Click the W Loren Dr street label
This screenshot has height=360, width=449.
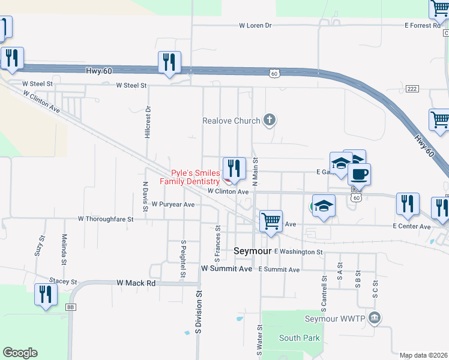point(255,26)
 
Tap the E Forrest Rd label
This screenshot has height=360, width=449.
point(426,26)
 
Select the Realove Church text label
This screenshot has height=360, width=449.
point(231,121)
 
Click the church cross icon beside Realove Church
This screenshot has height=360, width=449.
point(270,120)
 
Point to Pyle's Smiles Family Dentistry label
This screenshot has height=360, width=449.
point(190,177)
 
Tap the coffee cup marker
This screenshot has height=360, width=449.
point(359,175)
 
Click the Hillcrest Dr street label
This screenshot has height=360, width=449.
point(148,123)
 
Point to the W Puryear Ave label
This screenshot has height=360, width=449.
point(173,205)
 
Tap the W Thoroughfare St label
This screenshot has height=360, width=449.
point(105,219)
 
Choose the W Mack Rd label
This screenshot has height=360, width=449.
point(136,283)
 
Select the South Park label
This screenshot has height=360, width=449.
point(300,338)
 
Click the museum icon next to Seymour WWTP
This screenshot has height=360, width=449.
point(375,317)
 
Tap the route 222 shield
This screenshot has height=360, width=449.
point(411,89)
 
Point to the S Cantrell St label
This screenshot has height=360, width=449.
point(324,292)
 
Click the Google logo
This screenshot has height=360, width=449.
point(20,353)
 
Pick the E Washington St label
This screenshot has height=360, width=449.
point(298,252)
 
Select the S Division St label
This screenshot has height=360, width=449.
point(197,313)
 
